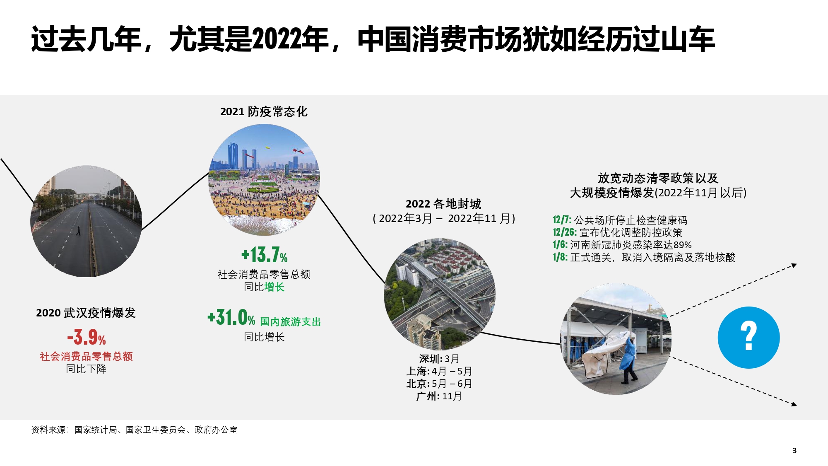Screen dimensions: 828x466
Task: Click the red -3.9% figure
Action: coord(87,337)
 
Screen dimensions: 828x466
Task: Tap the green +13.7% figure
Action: coord(264,255)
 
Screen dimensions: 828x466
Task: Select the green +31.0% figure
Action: coord(231,318)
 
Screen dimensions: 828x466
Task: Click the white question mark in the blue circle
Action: coord(749,336)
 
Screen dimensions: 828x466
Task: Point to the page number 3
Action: coord(794,451)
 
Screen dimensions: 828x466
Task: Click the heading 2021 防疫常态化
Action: coord(264,111)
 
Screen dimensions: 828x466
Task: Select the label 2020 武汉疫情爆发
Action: coord(86,313)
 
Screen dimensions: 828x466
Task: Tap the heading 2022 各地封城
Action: coord(443,204)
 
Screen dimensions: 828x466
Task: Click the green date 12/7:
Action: coord(562,220)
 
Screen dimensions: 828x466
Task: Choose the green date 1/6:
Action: coord(560,245)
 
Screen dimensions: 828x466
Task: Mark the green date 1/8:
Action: coord(560,257)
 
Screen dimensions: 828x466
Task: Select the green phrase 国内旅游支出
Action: coord(290,322)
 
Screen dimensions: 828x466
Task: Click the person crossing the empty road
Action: coord(78,231)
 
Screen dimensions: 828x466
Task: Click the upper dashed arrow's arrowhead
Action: coord(794,266)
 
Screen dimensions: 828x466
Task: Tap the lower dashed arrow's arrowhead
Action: coord(794,404)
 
